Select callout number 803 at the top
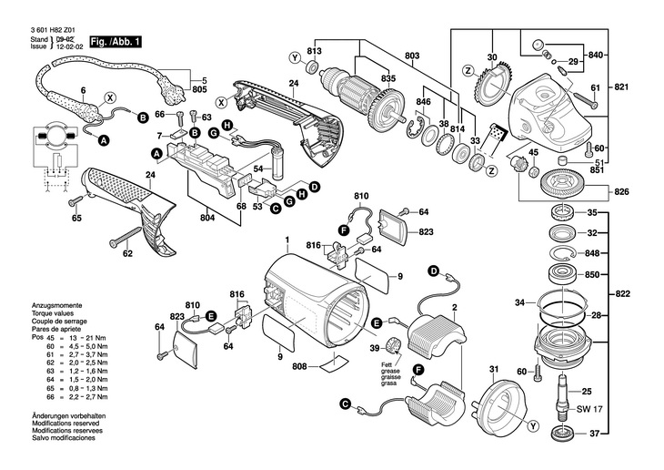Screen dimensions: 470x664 click(x=412, y=56)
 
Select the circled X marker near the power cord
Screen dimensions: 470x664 click(x=110, y=97)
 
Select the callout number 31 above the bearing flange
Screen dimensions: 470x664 click(x=494, y=368)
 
